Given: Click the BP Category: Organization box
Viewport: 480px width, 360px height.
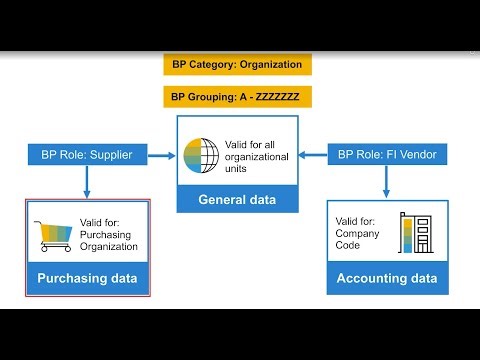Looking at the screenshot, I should pyautogui.click(x=238, y=64).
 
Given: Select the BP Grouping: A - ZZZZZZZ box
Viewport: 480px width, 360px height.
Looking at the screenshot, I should pyautogui.click(x=238, y=98).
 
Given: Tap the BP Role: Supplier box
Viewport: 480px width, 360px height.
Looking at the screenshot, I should pyautogui.click(x=87, y=154).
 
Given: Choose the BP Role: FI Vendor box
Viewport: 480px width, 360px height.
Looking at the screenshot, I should pyautogui.click(x=388, y=154).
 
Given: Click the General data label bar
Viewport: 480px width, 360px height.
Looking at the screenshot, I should pyautogui.click(x=237, y=199).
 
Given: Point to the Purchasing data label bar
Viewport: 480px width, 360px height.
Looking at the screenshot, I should pyautogui.click(x=87, y=278).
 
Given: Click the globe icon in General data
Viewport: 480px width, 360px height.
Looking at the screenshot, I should pyautogui.click(x=201, y=155).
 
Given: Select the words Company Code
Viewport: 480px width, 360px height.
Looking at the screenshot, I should pyautogui.click(x=357, y=239).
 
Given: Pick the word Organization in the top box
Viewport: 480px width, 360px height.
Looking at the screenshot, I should pyautogui.click(x=266, y=64).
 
